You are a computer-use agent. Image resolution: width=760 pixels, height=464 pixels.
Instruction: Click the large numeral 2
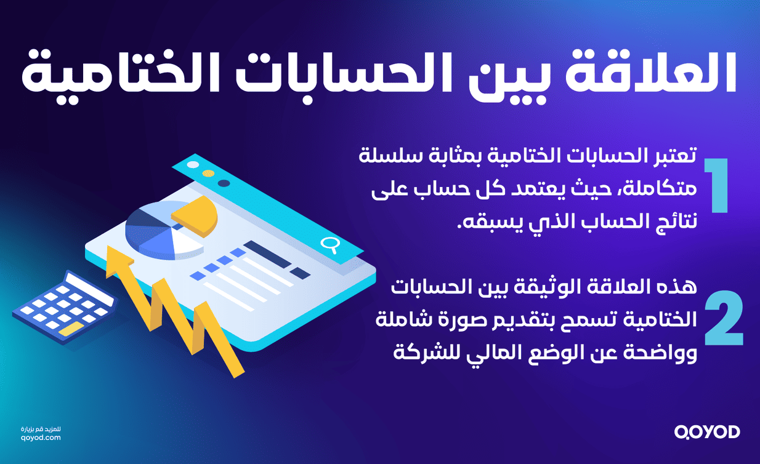722,318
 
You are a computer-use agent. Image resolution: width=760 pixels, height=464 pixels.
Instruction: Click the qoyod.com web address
41,438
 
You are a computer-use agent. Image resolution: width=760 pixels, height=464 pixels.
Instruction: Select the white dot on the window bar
193,164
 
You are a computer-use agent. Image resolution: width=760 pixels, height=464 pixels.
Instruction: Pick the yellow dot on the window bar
209,174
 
